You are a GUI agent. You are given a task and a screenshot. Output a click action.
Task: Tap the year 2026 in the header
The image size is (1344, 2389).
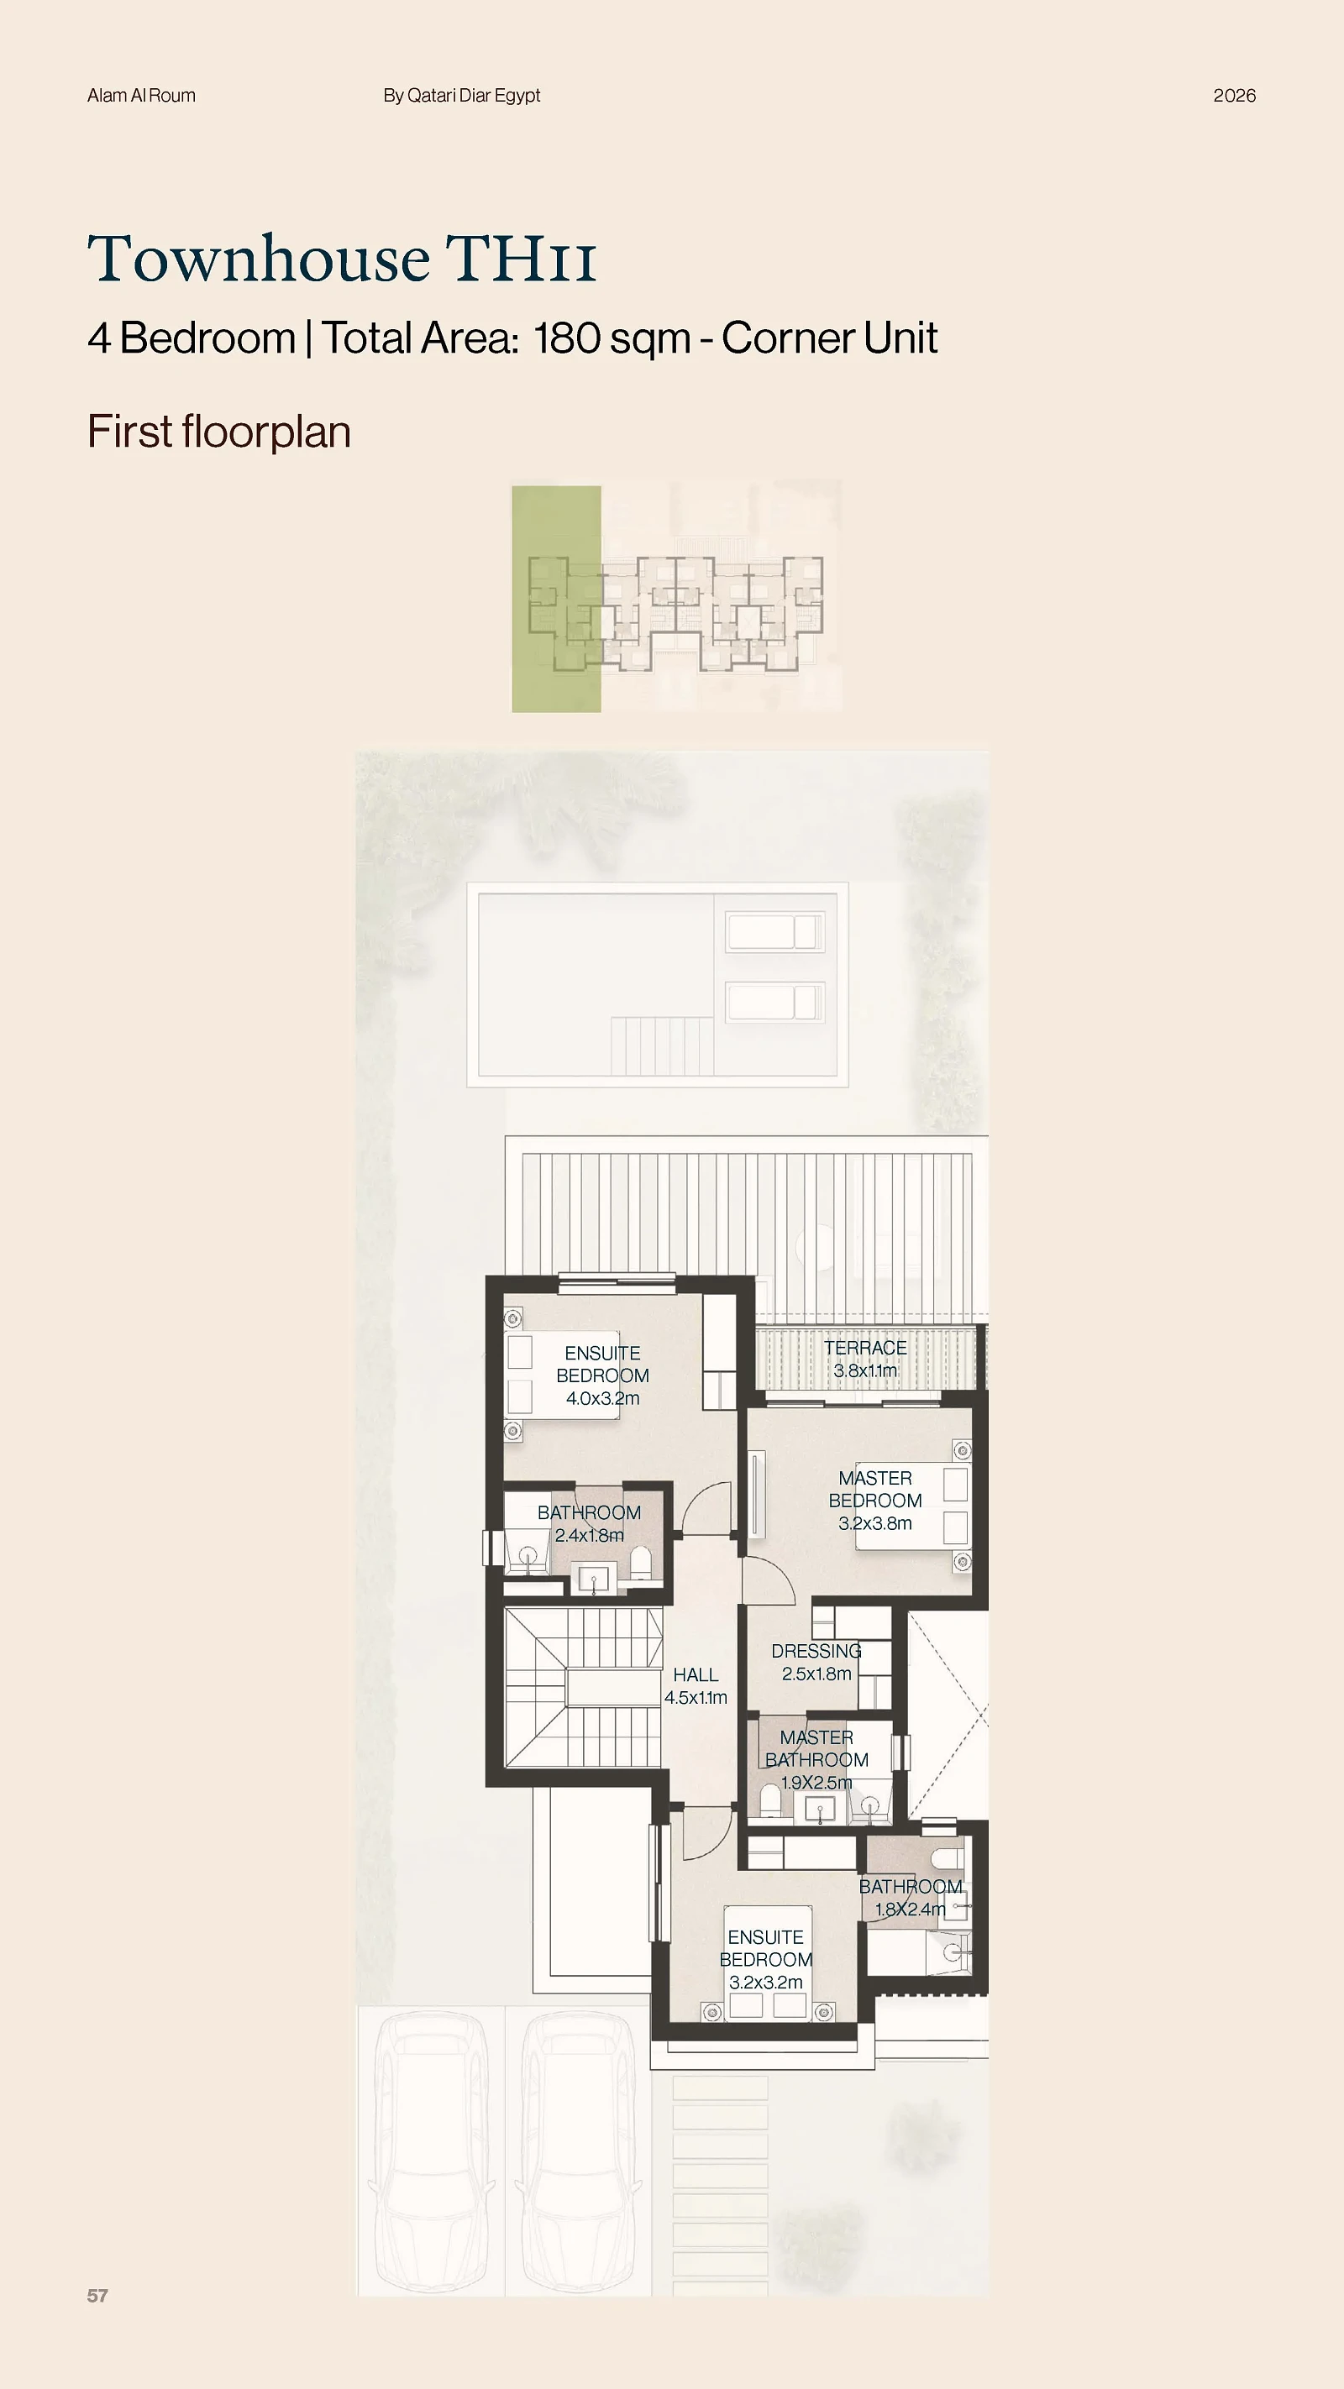click(1235, 96)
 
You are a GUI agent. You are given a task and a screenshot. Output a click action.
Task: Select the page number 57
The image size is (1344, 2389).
click(97, 2295)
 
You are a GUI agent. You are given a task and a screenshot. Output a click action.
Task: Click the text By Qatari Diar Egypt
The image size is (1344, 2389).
click(462, 96)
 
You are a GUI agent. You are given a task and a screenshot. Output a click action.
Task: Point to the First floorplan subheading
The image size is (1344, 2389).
click(219, 432)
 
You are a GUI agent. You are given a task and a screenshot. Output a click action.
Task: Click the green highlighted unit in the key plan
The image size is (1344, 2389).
click(557, 599)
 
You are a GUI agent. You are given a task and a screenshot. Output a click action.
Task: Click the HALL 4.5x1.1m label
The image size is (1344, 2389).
click(696, 1686)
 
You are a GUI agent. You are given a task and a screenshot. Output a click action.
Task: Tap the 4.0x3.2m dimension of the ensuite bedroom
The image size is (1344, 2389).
click(603, 1398)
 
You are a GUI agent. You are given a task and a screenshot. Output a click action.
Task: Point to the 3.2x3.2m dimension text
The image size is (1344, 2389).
click(766, 1982)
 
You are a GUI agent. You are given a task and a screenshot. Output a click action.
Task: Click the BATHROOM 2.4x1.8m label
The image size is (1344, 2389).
click(589, 1524)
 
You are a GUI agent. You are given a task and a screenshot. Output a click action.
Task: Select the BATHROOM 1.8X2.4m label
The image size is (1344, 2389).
click(911, 1898)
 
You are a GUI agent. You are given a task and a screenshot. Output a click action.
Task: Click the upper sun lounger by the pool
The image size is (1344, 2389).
click(774, 932)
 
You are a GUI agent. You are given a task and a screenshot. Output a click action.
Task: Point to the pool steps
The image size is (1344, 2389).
click(662, 1045)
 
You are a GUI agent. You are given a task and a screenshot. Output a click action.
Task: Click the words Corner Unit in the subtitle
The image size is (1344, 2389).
click(829, 338)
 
